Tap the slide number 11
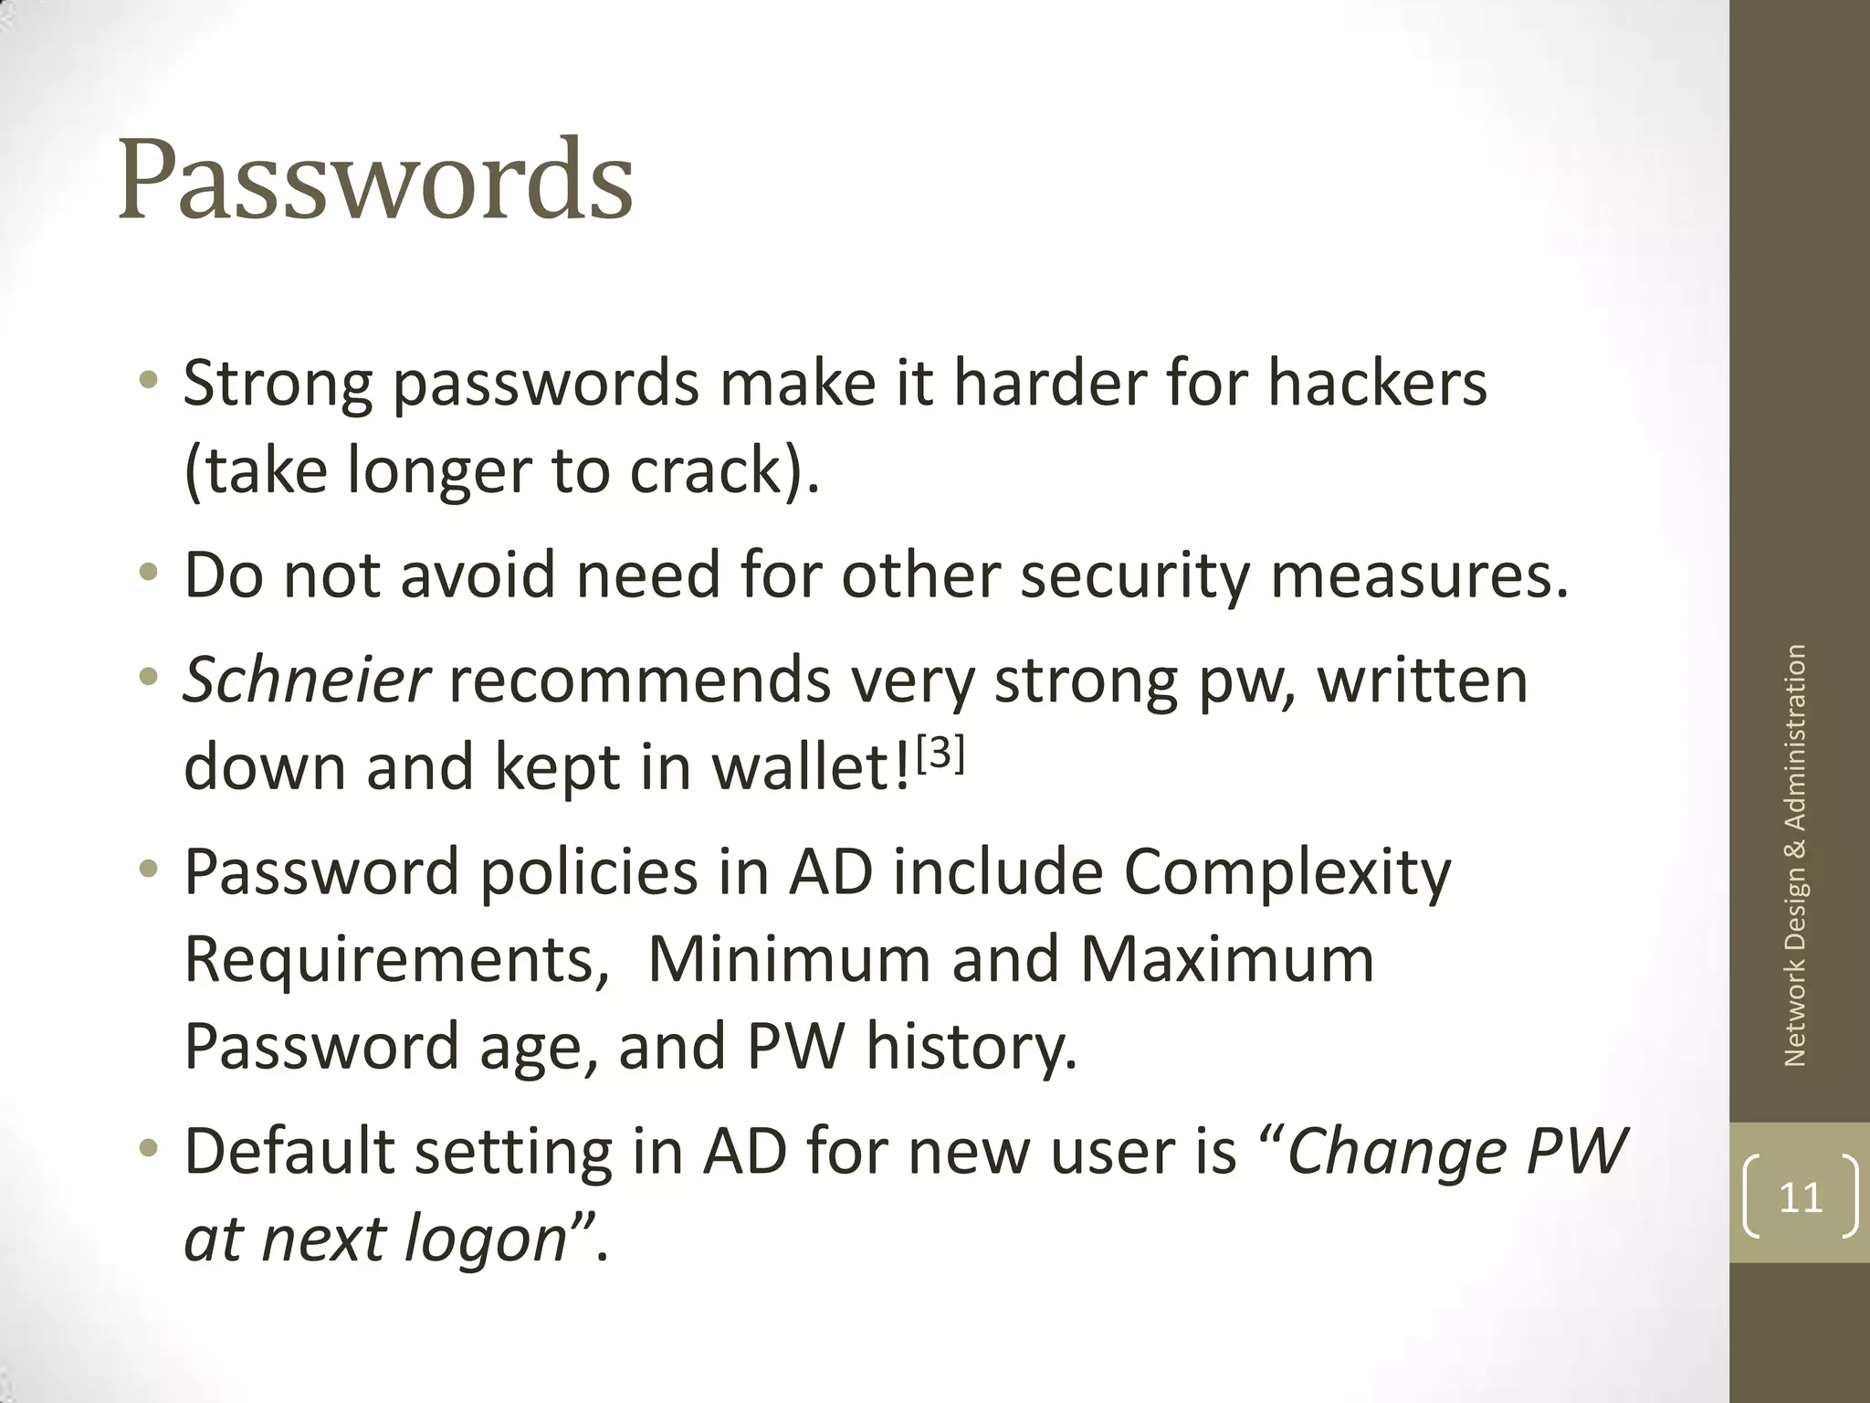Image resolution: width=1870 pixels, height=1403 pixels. pyautogui.click(x=1801, y=1197)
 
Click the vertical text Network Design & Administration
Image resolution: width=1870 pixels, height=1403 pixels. pyautogui.click(x=1795, y=855)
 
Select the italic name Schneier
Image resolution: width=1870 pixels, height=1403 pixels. pyautogui.click(x=306, y=680)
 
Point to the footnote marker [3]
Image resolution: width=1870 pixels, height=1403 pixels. pyautogui.click(x=940, y=754)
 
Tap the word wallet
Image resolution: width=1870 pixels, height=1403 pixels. pyautogui.click(x=808, y=767)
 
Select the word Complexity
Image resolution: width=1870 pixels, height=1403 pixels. pyautogui.click(x=1287, y=873)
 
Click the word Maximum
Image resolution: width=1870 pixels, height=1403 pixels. pyautogui.click(x=1227, y=959)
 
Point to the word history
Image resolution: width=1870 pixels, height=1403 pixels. pyautogui.click(x=972, y=1047)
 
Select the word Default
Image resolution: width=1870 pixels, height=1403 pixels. pyautogui.click(x=289, y=1151)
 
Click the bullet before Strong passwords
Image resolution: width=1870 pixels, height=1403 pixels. pyautogui.click(x=148, y=380)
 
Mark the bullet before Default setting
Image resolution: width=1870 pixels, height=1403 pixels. pyautogui.click(x=148, y=1148)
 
